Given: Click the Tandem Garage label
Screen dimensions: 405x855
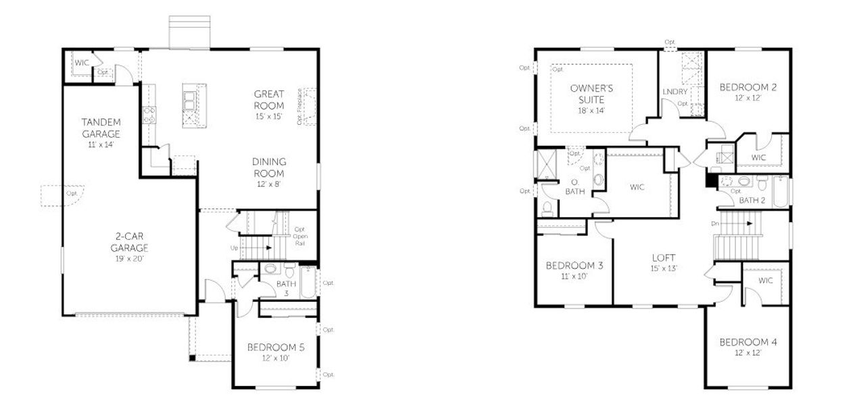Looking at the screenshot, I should [x=101, y=128].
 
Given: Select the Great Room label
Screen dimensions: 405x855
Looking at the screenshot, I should [x=269, y=99].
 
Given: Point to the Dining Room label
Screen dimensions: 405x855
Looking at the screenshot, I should [x=269, y=167].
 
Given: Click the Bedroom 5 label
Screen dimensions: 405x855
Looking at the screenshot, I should [x=276, y=348].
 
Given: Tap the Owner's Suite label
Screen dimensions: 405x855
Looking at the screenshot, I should [x=591, y=94].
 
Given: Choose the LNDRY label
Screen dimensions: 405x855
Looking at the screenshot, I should [x=675, y=92].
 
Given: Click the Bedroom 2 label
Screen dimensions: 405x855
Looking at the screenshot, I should [x=748, y=87].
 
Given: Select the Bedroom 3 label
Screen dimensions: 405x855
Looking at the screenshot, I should [x=575, y=265].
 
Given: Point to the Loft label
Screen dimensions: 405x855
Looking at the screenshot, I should [x=664, y=258].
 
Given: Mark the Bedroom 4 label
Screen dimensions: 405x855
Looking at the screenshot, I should [x=748, y=342].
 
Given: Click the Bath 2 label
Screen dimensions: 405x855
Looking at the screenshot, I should [x=751, y=200].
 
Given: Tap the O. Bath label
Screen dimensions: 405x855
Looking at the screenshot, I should [x=574, y=187].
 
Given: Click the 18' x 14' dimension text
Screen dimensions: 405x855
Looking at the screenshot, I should [x=591, y=111].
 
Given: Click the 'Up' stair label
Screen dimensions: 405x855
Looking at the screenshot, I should [x=235, y=248].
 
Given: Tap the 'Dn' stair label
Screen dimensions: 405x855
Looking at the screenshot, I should [x=714, y=223].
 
